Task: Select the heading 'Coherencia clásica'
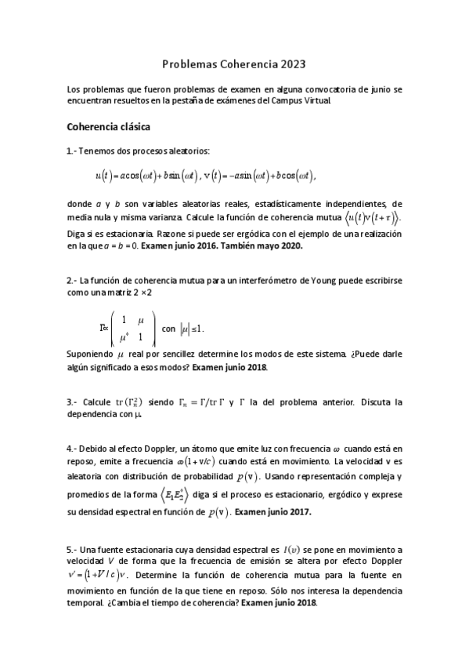coord(109,125)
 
